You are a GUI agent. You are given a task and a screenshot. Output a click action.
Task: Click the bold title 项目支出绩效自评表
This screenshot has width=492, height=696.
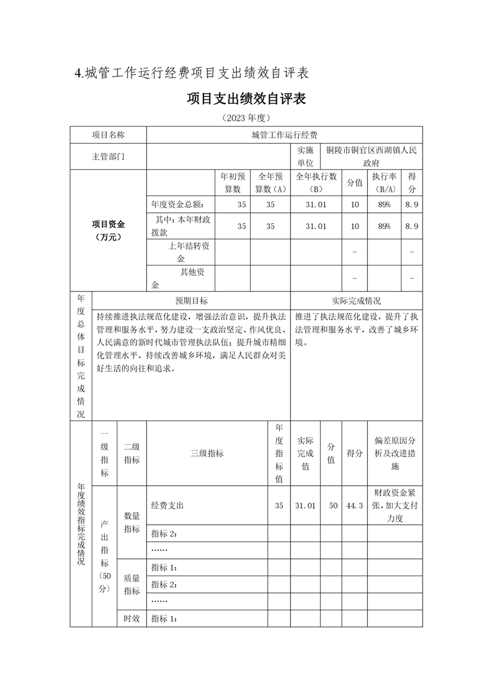[x=246, y=99]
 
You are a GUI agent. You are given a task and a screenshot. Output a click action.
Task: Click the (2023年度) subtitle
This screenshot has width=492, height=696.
[x=246, y=117]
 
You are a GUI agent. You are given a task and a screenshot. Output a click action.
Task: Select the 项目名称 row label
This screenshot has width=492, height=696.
[x=108, y=135]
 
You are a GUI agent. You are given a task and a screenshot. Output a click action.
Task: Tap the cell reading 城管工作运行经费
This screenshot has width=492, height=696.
[x=284, y=135]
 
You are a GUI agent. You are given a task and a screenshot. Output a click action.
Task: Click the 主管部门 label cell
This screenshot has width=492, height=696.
[x=108, y=156]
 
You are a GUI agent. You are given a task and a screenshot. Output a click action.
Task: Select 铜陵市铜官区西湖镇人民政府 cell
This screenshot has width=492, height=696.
[x=372, y=156]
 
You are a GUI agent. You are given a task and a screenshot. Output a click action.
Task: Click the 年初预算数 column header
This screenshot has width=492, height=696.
[x=232, y=182]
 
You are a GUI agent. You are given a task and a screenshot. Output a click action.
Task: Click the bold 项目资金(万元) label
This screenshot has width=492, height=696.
[x=108, y=230]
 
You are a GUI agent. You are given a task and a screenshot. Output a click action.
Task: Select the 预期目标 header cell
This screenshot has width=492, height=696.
[x=191, y=300]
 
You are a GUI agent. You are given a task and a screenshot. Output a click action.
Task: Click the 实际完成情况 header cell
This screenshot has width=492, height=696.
[x=356, y=300]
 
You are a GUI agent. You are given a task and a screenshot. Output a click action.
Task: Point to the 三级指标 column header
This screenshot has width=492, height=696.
[x=207, y=453]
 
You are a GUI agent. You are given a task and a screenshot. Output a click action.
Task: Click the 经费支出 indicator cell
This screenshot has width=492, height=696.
[x=168, y=506]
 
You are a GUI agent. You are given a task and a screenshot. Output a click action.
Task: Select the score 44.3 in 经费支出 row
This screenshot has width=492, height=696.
[x=354, y=506]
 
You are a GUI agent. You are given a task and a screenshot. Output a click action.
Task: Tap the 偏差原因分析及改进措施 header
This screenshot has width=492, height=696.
[x=395, y=453]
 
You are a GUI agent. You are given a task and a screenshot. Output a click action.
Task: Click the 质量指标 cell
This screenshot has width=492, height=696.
[x=132, y=584]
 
